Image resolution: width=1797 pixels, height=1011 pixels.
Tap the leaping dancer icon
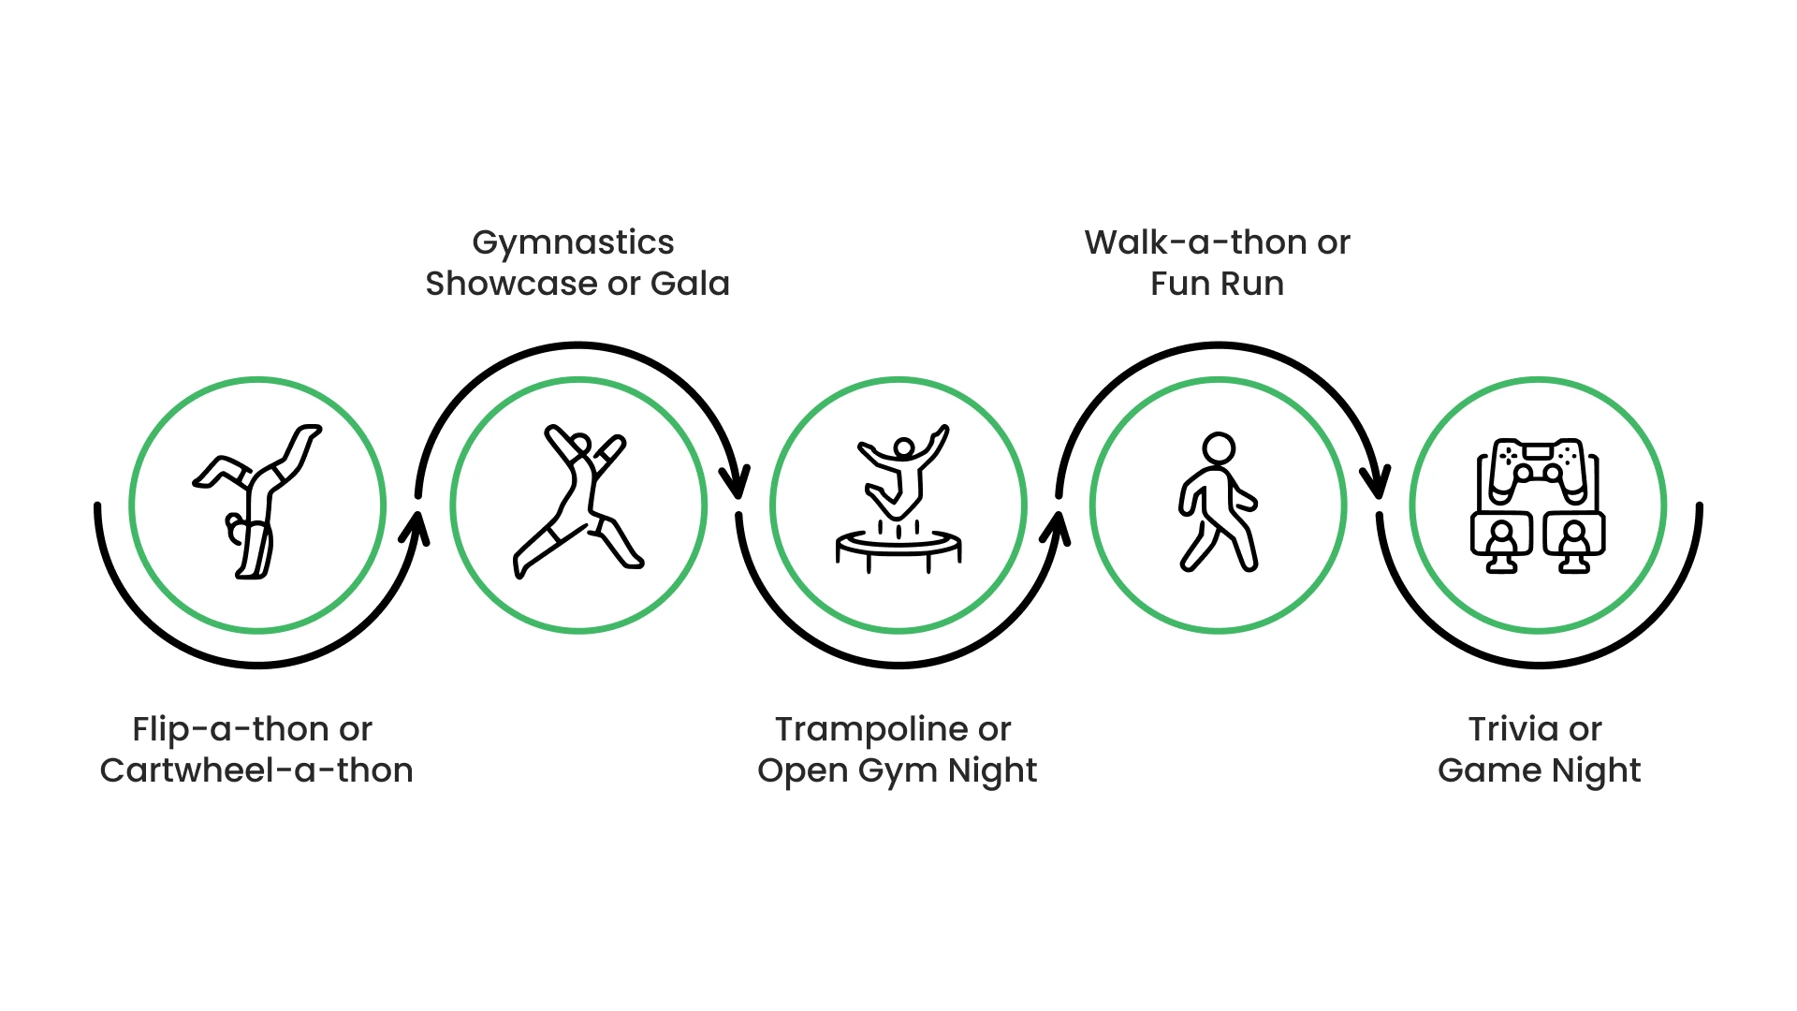[x=577, y=502]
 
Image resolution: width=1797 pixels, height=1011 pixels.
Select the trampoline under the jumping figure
[x=898, y=547]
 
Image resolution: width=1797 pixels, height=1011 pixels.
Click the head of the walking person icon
[x=1219, y=448]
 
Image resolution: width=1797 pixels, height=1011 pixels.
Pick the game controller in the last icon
[x=1537, y=465]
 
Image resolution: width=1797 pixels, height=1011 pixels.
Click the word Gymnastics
[x=573, y=242]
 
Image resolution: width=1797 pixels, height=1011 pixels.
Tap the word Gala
[x=690, y=284]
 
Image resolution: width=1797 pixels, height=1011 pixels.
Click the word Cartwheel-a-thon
[x=256, y=770]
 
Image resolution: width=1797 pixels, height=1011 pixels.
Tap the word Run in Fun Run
[x=1255, y=284]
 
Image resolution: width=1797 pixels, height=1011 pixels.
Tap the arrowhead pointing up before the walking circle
[x=1055, y=529]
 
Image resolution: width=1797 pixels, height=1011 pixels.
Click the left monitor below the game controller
[x=1501, y=537]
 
